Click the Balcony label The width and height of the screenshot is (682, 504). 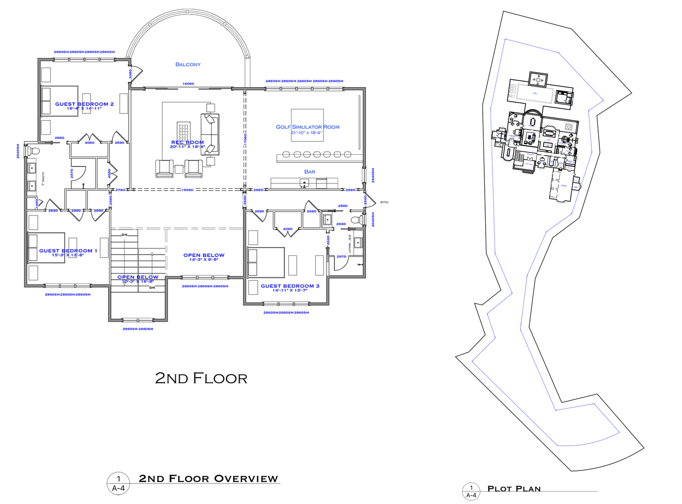click(x=188, y=64)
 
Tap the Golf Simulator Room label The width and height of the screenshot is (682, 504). click(x=307, y=127)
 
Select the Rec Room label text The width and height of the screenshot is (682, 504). click(x=188, y=143)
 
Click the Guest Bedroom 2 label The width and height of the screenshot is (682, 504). click(x=84, y=104)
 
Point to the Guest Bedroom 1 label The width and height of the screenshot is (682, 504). click(x=68, y=251)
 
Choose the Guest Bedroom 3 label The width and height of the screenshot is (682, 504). click(x=290, y=286)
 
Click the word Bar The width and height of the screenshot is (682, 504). click(x=309, y=172)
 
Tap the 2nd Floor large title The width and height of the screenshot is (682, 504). click(x=201, y=378)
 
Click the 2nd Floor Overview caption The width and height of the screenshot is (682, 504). click(x=208, y=479)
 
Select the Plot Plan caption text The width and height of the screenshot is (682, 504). click(x=514, y=489)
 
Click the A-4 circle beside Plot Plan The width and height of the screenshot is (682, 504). click(x=471, y=491)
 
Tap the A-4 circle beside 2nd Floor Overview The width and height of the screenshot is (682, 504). click(x=118, y=484)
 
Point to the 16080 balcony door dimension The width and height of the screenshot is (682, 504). click(x=188, y=84)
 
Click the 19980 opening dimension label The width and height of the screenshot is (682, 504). click(x=187, y=190)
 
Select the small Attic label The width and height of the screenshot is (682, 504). click(x=384, y=202)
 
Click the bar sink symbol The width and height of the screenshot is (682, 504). click(x=304, y=183)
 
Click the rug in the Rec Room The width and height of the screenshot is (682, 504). click(x=184, y=132)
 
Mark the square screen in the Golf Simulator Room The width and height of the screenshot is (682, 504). click(x=307, y=125)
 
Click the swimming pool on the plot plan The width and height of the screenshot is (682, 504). click(x=534, y=93)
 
